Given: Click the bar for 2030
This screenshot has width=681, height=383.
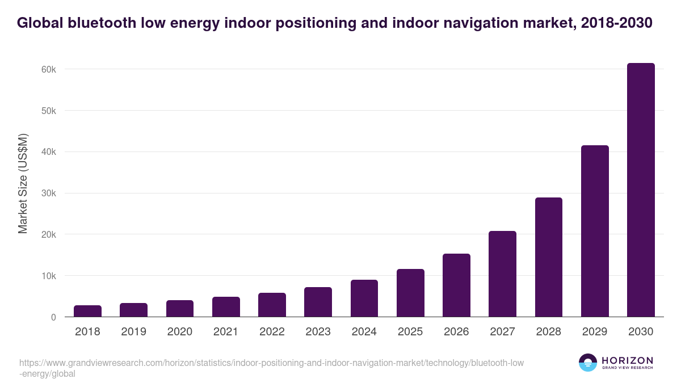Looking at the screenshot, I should (x=641, y=190).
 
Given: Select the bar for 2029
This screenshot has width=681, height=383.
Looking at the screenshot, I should (x=595, y=231).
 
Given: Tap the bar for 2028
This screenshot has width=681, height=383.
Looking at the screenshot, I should (x=549, y=257).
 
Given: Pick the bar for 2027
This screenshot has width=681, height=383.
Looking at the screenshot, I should (x=502, y=274).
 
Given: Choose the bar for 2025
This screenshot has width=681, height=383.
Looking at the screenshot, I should (x=410, y=293).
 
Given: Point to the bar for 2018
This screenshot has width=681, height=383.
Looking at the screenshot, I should (x=87, y=311).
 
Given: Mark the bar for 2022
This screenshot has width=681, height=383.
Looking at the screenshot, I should (x=272, y=305).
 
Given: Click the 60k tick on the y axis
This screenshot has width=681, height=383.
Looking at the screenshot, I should (x=48, y=69).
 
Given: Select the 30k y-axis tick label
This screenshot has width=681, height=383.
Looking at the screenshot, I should (x=48, y=193).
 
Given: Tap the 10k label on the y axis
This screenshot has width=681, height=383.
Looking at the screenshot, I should (x=48, y=276).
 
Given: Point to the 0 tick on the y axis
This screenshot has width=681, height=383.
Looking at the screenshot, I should (x=53, y=318).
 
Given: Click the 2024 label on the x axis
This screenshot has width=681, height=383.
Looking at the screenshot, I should (x=364, y=332).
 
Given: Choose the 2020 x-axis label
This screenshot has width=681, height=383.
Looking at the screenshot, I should (x=179, y=332).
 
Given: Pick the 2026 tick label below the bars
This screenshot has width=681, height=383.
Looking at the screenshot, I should (x=456, y=332).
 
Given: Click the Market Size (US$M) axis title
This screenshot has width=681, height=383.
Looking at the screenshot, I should (x=23, y=183).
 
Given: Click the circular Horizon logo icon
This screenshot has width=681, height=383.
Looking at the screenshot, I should (x=587, y=363).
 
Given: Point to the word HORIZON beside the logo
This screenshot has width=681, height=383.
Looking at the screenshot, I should (x=627, y=360).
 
